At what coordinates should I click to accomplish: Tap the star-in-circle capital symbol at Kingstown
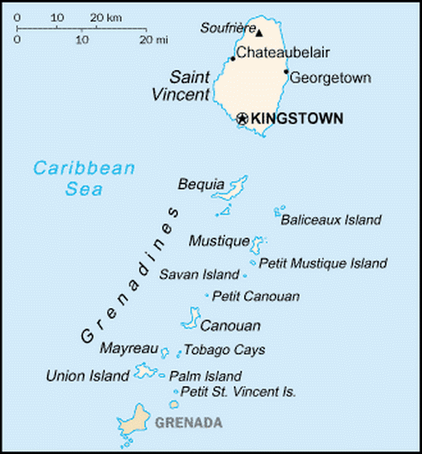click(x=243, y=119)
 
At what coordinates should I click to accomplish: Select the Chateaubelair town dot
click(x=233, y=58)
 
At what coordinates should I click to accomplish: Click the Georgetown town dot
click(x=286, y=72)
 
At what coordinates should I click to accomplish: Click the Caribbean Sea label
click(x=84, y=178)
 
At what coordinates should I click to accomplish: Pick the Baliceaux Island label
click(x=330, y=220)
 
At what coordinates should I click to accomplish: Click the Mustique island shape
click(x=258, y=242)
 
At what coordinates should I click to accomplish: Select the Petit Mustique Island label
click(x=322, y=263)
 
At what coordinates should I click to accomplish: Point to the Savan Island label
click(x=199, y=275)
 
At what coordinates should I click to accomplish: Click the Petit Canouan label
click(x=256, y=296)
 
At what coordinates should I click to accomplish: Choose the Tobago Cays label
click(x=225, y=349)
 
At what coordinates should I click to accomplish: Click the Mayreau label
click(x=129, y=348)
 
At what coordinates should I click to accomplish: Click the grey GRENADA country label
click(x=188, y=422)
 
